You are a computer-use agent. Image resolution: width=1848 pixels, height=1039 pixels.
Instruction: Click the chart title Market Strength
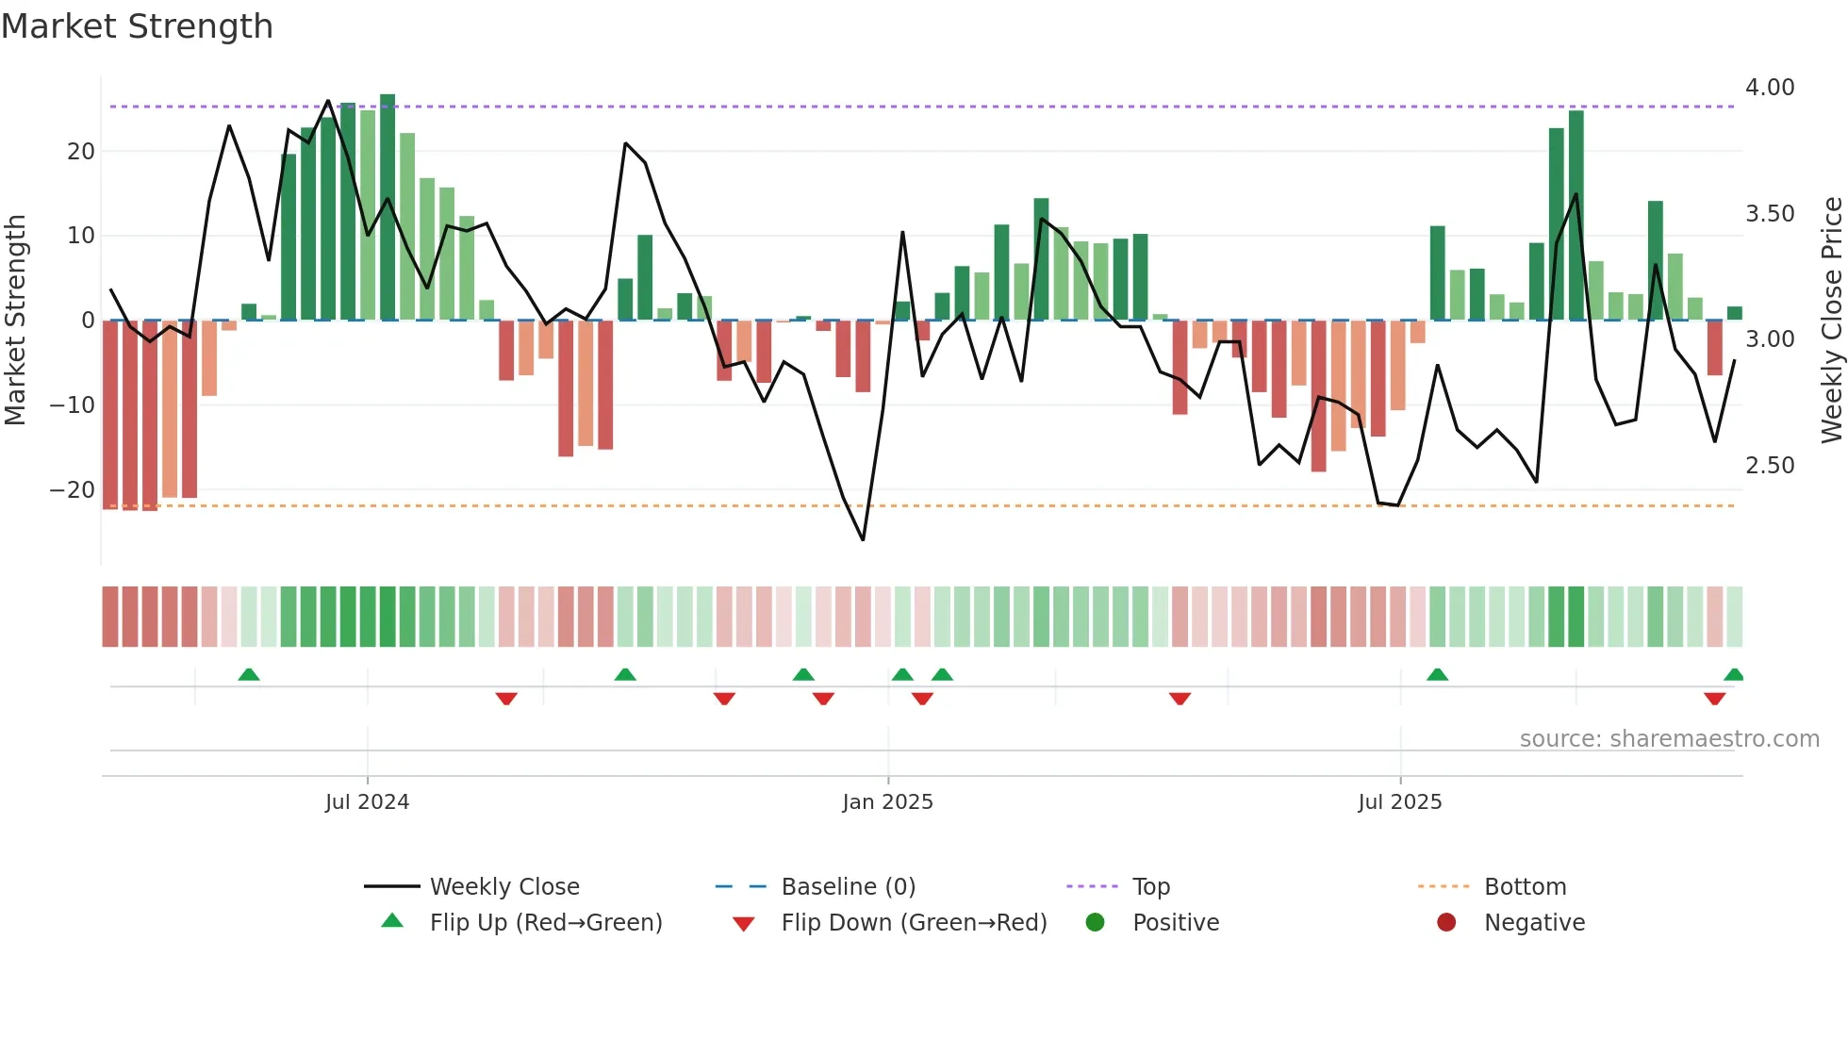(x=137, y=26)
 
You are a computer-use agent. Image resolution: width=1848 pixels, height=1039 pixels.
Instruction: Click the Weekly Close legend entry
(x=503, y=887)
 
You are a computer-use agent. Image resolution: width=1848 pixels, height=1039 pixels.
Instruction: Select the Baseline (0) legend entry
(x=848, y=887)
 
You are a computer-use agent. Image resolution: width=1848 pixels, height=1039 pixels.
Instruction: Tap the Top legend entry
(x=1150, y=887)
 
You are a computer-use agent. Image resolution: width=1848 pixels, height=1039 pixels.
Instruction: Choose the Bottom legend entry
(x=1525, y=887)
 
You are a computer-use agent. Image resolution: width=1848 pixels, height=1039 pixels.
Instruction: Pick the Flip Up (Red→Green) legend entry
(x=545, y=923)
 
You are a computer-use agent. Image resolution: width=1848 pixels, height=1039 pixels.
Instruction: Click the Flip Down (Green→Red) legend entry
(x=914, y=923)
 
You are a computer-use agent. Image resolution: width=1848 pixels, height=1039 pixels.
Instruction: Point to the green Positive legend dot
(x=1095, y=922)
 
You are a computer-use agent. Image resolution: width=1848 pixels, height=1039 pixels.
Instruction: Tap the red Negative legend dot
(x=1446, y=922)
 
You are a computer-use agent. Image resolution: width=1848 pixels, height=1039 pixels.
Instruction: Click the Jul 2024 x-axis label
(x=367, y=802)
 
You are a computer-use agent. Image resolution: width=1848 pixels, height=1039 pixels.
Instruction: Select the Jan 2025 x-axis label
(x=887, y=802)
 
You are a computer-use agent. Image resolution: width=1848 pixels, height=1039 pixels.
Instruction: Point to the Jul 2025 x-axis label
(x=1399, y=802)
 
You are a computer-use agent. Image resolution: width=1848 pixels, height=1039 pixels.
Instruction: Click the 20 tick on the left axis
(x=81, y=152)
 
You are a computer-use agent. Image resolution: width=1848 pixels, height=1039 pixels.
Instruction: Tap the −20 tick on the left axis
(x=73, y=490)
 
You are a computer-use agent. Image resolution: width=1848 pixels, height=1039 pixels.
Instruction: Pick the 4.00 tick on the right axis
(x=1769, y=88)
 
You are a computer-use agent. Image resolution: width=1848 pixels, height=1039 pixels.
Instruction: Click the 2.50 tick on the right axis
(x=1769, y=466)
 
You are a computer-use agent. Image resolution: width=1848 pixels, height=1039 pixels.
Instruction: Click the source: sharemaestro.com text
(x=1669, y=739)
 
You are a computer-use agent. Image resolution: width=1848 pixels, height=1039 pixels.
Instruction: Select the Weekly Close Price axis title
(x=1831, y=321)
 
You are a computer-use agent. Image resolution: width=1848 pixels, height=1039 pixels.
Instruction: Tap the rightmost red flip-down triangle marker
(x=1714, y=699)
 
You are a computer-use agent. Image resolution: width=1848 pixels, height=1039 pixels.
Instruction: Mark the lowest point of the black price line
(x=863, y=539)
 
